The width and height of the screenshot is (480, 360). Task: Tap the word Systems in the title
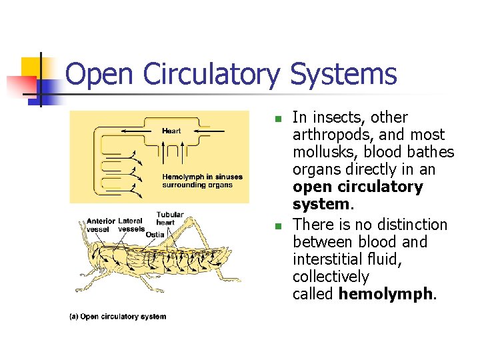343,75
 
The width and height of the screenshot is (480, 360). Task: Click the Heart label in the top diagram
171,131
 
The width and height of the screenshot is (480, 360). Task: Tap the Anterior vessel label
100,225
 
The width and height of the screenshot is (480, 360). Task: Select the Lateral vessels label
131,225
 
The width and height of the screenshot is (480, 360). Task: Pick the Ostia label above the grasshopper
155,234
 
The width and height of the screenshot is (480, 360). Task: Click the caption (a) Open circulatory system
118,316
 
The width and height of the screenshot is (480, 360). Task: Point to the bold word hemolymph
386,294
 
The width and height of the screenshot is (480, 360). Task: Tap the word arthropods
328,135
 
